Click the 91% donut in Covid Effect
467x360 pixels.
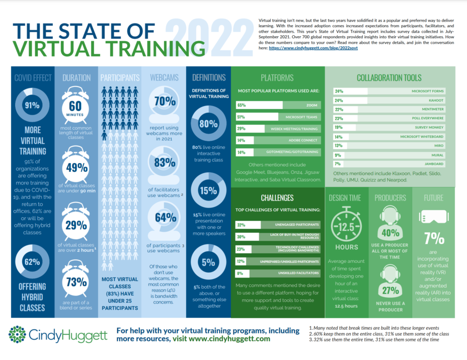(x=32, y=106)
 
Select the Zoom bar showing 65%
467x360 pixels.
(x=276, y=106)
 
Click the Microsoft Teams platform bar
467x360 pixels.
(x=276, y=117)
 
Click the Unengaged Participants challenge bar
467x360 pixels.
(x=276, y=224)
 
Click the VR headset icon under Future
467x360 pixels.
(x=433, y=216)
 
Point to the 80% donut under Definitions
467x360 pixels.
(x=208, y=124)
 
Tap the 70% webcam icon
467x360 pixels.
(x=165, y=104)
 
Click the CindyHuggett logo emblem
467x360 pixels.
(x=18, y=335)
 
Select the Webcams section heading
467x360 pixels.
(x=164, y=77)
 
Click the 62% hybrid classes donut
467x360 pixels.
(x=32, y=262)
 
